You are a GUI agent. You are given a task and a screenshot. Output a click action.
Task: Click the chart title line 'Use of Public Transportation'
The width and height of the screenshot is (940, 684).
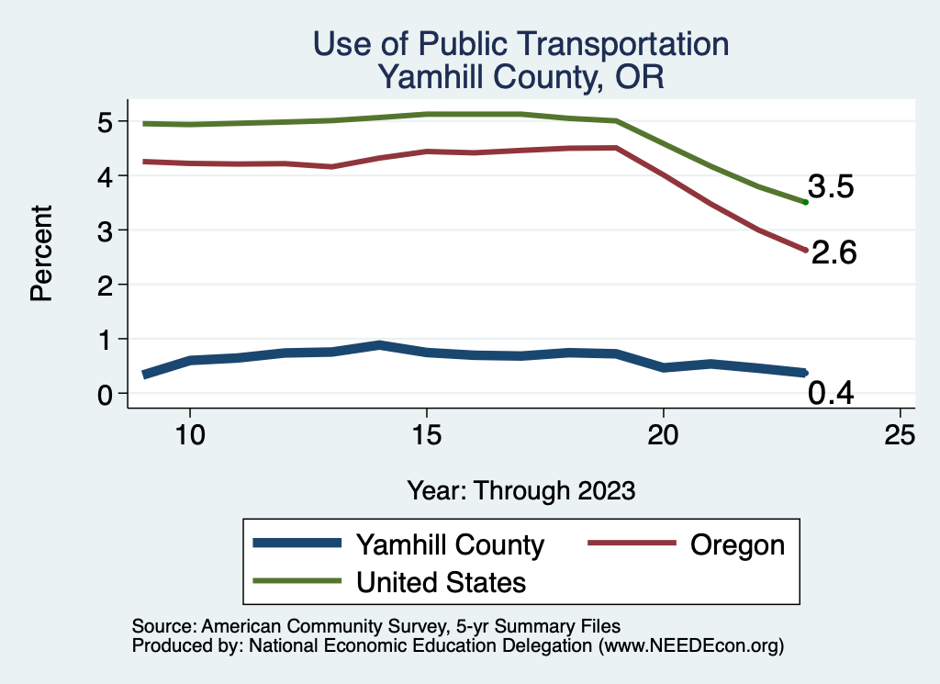[520, 44]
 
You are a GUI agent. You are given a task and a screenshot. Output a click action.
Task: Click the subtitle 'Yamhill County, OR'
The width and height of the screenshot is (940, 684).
[520, 77]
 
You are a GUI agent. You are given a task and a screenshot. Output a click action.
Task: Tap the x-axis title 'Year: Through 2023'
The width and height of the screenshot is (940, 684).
[520, 490]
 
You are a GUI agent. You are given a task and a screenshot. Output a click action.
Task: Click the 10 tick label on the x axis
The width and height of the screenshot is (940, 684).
[189, 435]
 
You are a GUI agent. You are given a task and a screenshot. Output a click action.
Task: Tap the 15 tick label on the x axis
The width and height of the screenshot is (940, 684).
[426, 435]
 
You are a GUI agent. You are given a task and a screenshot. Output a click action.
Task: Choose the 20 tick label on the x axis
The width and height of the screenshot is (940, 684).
[663, 435]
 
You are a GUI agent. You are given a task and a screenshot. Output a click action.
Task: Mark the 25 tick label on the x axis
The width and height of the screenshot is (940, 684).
[900, 435]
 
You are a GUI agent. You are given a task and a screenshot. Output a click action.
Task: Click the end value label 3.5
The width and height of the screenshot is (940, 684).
[831, 187]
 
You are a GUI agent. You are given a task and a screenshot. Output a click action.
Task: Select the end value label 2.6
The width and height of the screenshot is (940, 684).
[834, 252]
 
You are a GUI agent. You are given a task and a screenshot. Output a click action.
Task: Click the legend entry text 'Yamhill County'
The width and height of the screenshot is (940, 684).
[450, 544]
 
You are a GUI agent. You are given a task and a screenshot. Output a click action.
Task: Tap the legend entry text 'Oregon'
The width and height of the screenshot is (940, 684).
[737, 544]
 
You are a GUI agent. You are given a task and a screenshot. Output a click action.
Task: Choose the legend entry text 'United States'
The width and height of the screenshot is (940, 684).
[441, 582]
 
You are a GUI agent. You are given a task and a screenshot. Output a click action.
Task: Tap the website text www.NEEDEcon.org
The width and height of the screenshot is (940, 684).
[690, 645]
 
